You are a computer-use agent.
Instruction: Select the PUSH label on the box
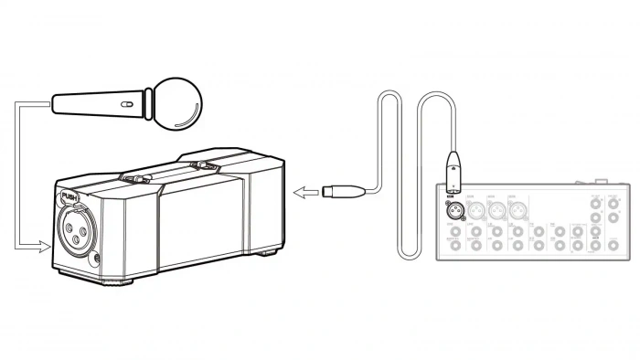pos(69,195)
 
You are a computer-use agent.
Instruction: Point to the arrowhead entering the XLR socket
pos(48,247)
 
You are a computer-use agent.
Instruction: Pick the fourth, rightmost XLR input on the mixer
pos(518,210)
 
